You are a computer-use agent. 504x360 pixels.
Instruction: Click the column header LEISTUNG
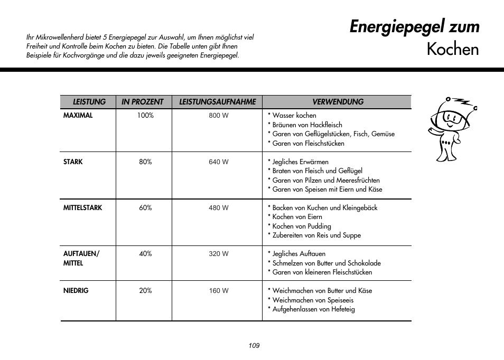click(89, 102)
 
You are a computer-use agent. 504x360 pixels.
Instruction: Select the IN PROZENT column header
click(143, 102)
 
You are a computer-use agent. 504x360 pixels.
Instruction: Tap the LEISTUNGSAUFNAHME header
click(217, 102)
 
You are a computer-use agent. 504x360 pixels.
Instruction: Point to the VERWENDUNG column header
click(338, 102)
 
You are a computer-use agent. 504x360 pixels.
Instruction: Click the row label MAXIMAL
click(78, 116)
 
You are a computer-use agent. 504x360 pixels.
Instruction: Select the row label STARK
click(73, 162)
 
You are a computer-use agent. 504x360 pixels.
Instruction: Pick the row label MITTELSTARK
click(82, 208)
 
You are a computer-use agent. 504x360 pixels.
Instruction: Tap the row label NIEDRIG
click(76, 291)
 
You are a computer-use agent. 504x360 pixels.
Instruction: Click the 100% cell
click(145, 116)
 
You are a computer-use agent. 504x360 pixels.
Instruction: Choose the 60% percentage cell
click(145, 208)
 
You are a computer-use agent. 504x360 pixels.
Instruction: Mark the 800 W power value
click(218, 116)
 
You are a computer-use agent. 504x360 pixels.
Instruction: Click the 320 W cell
click(218, 254)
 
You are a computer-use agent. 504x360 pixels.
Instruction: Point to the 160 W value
click(218, 291)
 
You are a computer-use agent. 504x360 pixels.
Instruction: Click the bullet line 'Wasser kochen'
click(294, 116)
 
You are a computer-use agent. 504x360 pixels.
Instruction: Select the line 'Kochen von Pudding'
click(301, 226)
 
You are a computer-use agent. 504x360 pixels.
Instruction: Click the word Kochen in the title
click(452, 49)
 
